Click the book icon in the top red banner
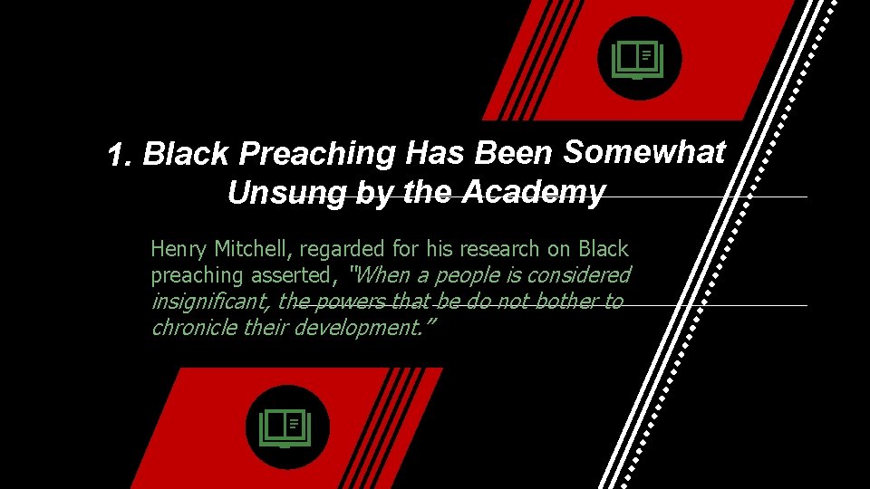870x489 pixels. (x=639, y=60)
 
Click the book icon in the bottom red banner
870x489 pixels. (x=286, y=427)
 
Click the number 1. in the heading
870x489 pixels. (x=121, y=156)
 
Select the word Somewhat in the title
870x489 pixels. (x=644, y=152)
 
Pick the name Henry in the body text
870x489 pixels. (x=179, y=249)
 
